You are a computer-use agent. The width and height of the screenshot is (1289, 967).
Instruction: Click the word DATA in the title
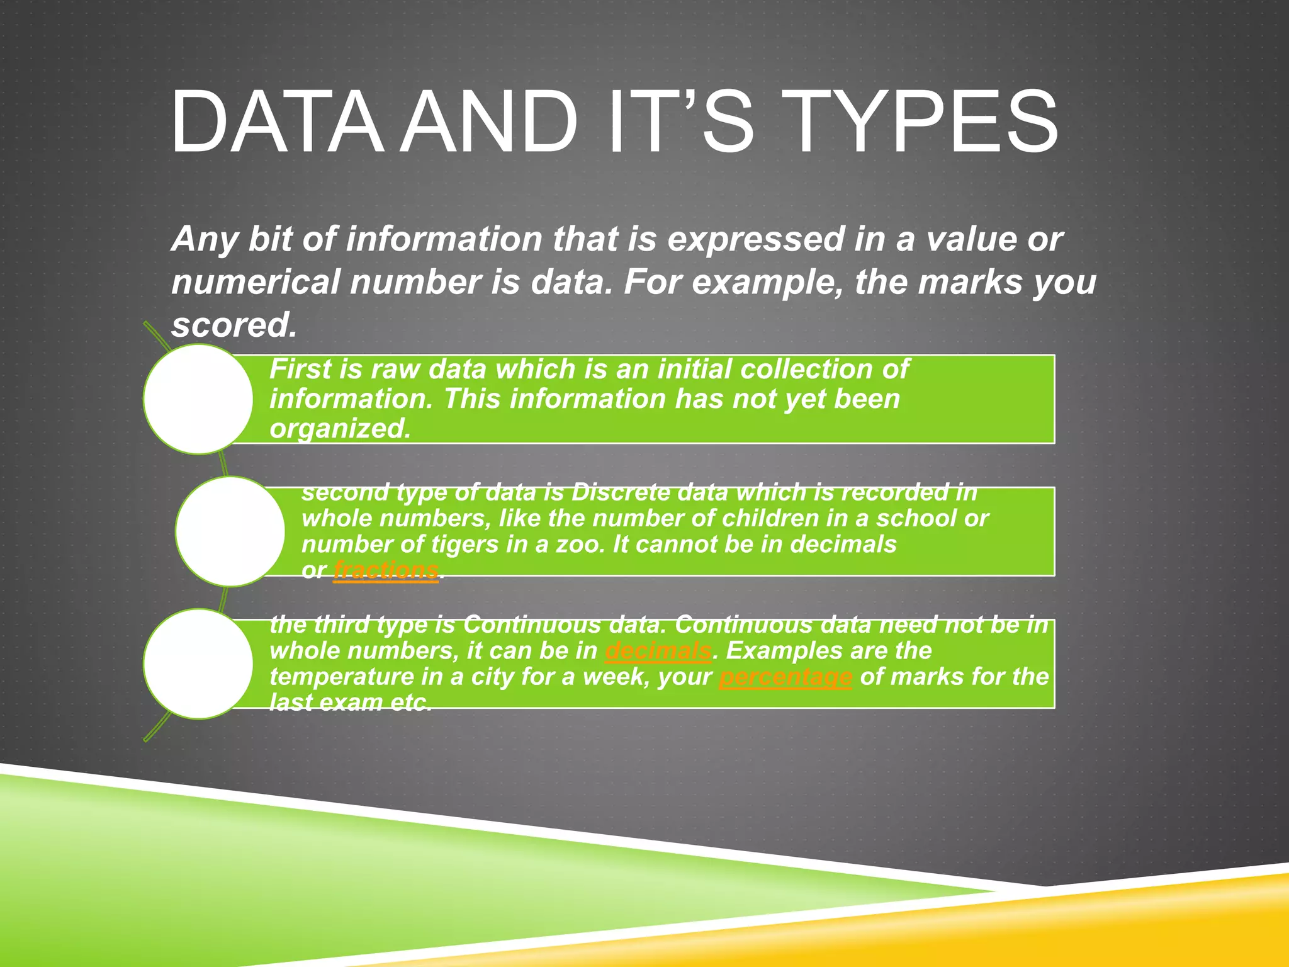[277, 122]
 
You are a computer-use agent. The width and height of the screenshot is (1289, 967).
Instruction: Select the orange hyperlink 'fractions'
[385, 570]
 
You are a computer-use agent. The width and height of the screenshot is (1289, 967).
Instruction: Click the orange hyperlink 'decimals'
[658, 651]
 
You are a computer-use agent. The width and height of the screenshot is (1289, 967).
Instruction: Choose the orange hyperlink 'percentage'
[785, 677]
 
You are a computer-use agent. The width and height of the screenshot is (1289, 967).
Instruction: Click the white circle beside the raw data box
[198, 399]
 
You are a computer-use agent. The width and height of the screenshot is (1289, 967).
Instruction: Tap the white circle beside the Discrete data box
[230, 531]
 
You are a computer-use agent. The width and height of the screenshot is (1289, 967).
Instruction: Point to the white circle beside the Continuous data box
[198, 664]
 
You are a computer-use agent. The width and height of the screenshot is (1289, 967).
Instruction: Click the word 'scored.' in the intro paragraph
[234, 325]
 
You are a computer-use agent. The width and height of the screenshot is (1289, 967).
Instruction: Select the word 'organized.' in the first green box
[340, 429]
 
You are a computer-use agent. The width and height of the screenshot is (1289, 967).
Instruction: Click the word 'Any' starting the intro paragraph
[204, 240]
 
